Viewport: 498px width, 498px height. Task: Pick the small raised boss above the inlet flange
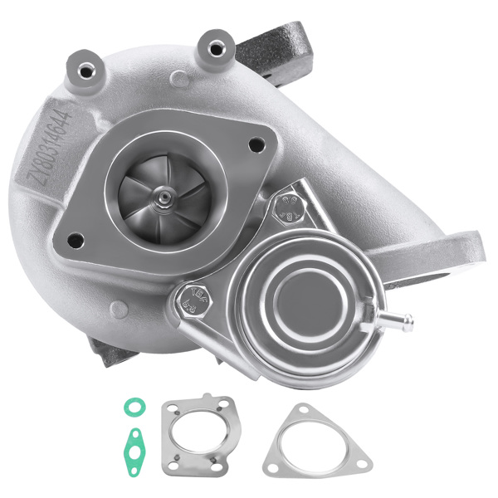coord(180,80)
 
